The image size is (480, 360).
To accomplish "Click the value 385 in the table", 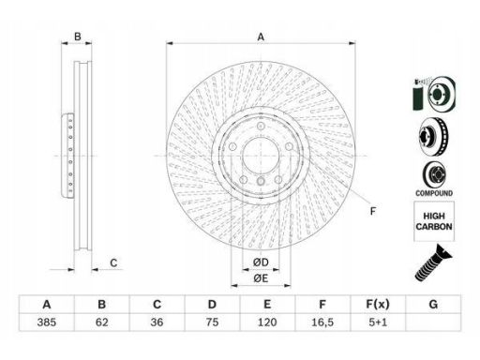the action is [x=47, y=322].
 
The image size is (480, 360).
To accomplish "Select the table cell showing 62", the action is [x=102, y=322].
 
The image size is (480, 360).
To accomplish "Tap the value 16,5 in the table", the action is [x=322, y=322].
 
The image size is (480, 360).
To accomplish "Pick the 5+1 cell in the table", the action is [x=378, y=322].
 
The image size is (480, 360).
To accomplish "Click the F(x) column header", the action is [x=378, y=304].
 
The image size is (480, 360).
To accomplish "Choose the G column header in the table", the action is [x=433, y=304].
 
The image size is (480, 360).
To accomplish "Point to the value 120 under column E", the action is [x=267, y=322].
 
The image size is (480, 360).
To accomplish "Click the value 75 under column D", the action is [x=212, y=322].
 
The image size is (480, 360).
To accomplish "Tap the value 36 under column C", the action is [x=157, y=322].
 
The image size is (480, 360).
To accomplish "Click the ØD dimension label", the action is [x=261, y=262].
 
